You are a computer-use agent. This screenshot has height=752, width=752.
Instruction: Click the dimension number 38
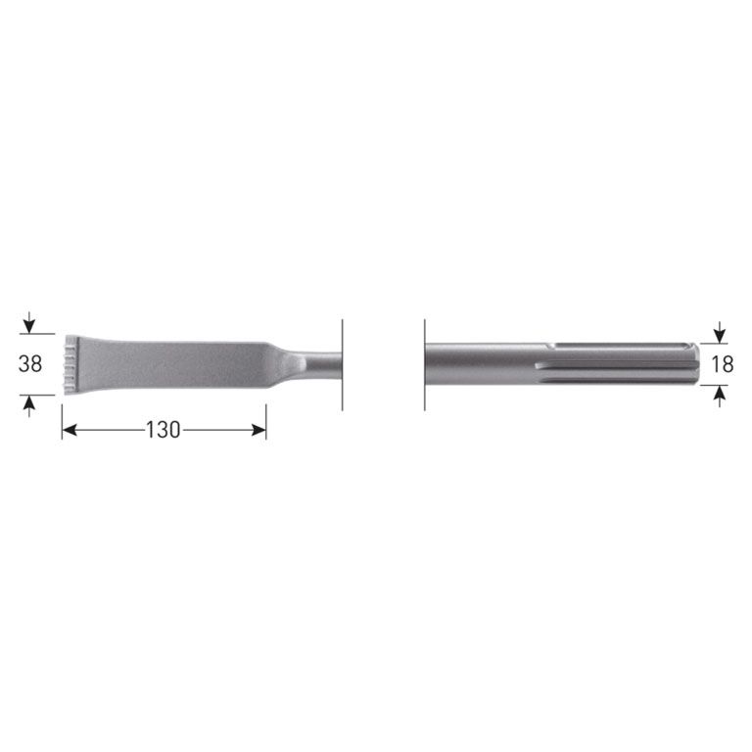click(30, 364)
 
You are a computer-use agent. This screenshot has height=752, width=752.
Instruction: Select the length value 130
click(163, 430)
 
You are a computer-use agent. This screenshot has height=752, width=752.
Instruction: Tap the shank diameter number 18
click(723, 364)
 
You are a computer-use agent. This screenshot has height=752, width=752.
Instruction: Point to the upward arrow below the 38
click(30, 402)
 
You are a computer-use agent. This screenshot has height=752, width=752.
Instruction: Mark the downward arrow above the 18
click(722, 332)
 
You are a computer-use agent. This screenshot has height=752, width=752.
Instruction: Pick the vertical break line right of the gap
click(425, 363)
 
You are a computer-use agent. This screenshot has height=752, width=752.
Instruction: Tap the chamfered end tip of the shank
click(693, 364)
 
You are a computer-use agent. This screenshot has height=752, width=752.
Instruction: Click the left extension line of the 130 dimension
click(62, 416)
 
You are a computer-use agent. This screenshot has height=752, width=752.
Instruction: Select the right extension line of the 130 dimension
click(266, 416)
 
